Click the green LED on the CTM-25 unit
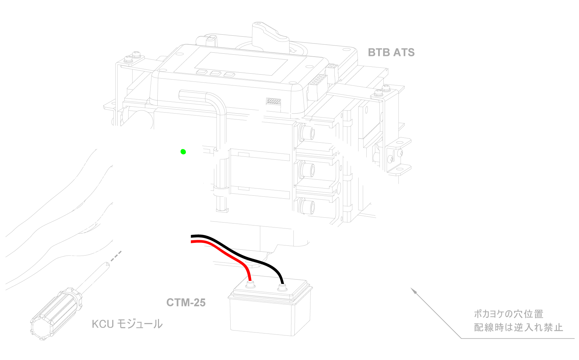(183, 152)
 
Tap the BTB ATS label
(391, 52)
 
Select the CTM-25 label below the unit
(186, 302)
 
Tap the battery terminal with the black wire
(281, 288)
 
